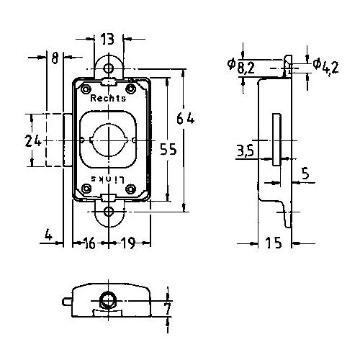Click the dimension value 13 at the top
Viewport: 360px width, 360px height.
pos(107,39)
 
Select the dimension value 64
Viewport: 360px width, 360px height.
pos(185,119)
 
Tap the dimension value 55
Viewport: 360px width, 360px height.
pos(168,149)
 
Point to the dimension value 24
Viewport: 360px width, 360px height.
pos(33,141)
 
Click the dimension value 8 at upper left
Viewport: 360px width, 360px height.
pos(55,58)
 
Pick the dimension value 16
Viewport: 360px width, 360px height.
pos(89,243)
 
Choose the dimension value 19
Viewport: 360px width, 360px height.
pos(127,243)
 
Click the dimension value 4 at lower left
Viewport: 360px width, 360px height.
pos(49,235)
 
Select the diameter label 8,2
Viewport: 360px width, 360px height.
pos(241,67)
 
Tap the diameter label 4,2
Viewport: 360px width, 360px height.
pos(325,67)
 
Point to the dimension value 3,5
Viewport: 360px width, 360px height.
pos(245,150)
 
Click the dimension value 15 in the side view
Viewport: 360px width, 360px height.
pos(274,243)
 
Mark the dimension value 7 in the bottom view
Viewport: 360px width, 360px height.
pos(168,309)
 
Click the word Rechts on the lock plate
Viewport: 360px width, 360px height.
pos(108,98)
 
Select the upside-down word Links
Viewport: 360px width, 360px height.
pos(108,179)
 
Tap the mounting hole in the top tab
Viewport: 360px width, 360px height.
pos(109,68)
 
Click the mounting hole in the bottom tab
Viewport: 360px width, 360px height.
pos(109,212)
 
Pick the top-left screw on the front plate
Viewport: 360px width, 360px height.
pos(86,89)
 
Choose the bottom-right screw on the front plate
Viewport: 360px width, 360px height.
pos(131,189)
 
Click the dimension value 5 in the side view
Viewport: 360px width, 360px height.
pos(305,174)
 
